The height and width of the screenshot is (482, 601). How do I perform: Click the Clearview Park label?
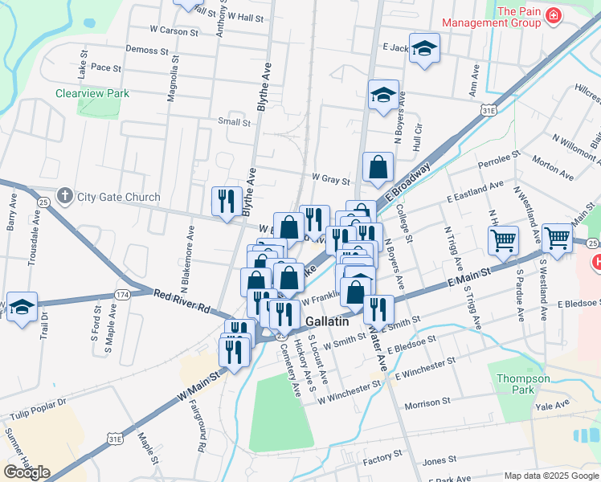pos(92,93)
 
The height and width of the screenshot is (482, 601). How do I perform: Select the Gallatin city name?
pos(328,321)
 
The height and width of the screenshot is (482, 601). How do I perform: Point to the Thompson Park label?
pos(523,385)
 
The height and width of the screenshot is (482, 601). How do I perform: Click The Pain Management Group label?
pos(518,17)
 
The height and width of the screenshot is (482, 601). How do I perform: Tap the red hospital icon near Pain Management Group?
pos(553,17)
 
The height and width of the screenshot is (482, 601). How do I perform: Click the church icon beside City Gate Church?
pos(65,196)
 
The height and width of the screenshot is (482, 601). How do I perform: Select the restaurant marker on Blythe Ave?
pos(227,201)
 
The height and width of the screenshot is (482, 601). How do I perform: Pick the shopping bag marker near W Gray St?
pos(378,167)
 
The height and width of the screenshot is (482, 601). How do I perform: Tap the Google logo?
pos(27,472)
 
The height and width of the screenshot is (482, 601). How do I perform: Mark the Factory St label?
pos(382,457)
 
